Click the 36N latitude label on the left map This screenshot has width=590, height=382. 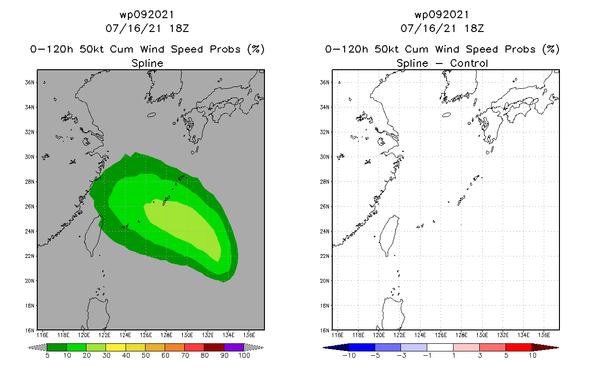pyautogui.click(x=30, y=83)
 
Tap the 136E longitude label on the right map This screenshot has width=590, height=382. pyautogui.click(x=544, y=335)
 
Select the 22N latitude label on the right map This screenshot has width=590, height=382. pyautogui.click(x=325, y=256)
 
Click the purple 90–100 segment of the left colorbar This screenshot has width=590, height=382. pyautogui.click(x=234, y=348)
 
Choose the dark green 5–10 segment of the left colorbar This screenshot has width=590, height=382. pyautogui.click(x=57, y=348)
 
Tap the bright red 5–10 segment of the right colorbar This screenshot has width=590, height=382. pyautogui.click(x=518, y=348)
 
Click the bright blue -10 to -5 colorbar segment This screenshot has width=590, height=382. pyautogui.click(x=362, y=348)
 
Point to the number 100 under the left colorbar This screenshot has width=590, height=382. pyautogui.click(x=244, y=356)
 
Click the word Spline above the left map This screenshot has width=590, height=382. pyautogui.click(x=147, y=63)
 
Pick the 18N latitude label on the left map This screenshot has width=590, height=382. pyautogui.click(x=30, y=306)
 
